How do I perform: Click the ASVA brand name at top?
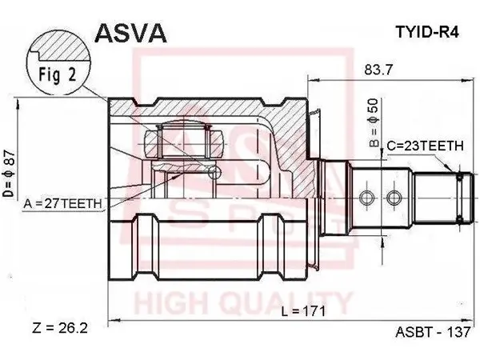click(130, 33)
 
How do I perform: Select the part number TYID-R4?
click(427, 31)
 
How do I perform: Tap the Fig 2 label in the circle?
click(57, 74)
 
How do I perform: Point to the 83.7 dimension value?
click(378, 70)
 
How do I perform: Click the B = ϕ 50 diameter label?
click(374, 122)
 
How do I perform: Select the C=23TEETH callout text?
click(426, 146)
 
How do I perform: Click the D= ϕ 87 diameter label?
click(9, 173)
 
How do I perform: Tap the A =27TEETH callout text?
click(62, 203)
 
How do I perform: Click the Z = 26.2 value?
click(60, 329)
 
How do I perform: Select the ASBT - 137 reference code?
click(433, 332)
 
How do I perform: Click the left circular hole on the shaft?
click(366, 198)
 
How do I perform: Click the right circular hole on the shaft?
click(394, 198)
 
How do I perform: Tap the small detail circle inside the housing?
click(214, 173)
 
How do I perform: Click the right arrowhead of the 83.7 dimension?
click(468, 80)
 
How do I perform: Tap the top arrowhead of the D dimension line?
click(18, 105)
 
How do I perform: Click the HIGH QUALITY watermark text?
click(242, 303)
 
